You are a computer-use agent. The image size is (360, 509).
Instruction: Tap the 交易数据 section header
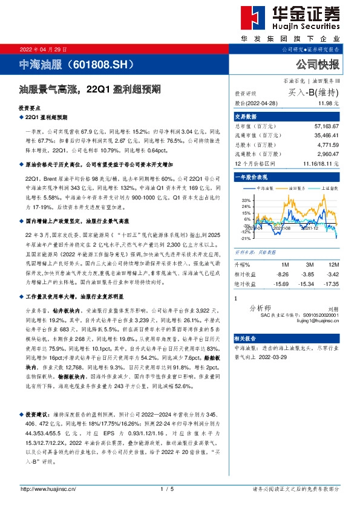pyautogui.click(x=246, y=117)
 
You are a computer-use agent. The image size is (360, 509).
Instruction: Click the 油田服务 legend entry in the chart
pyautogui.click(x=292, y=189)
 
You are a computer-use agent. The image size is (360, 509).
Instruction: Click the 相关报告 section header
pyautogui.click(x=246, y=339)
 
